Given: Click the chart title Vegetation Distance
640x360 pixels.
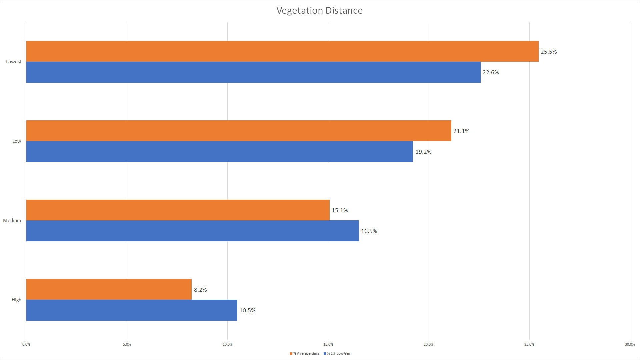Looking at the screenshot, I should [319, 11].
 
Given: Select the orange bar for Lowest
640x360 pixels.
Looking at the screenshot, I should [282, 51].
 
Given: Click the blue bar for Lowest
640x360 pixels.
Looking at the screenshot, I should [253, 72].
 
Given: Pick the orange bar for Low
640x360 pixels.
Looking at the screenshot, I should [239, 131].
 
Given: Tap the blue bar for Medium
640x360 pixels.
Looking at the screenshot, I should [193, 231].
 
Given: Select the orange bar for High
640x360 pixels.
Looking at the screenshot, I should [109, 289].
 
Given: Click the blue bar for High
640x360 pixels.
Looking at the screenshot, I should [132, 310].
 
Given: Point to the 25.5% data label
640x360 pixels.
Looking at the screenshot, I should [549, 52].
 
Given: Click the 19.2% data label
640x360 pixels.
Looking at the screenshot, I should [423, 152].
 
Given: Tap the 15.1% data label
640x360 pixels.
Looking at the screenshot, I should [340, 210].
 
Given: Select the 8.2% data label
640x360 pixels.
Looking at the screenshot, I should [200, 290].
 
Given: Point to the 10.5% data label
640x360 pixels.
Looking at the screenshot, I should [247, 310].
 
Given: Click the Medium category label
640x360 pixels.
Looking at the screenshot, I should [12, 220].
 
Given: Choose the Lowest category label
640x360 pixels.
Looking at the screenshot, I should [14, 62].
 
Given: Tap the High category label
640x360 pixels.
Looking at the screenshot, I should [16, 300].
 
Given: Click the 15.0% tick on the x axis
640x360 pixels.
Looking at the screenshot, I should [328, 344].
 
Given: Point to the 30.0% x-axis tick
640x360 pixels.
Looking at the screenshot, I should [630, 344].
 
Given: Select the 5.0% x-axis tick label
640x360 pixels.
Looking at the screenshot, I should [127, 344].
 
